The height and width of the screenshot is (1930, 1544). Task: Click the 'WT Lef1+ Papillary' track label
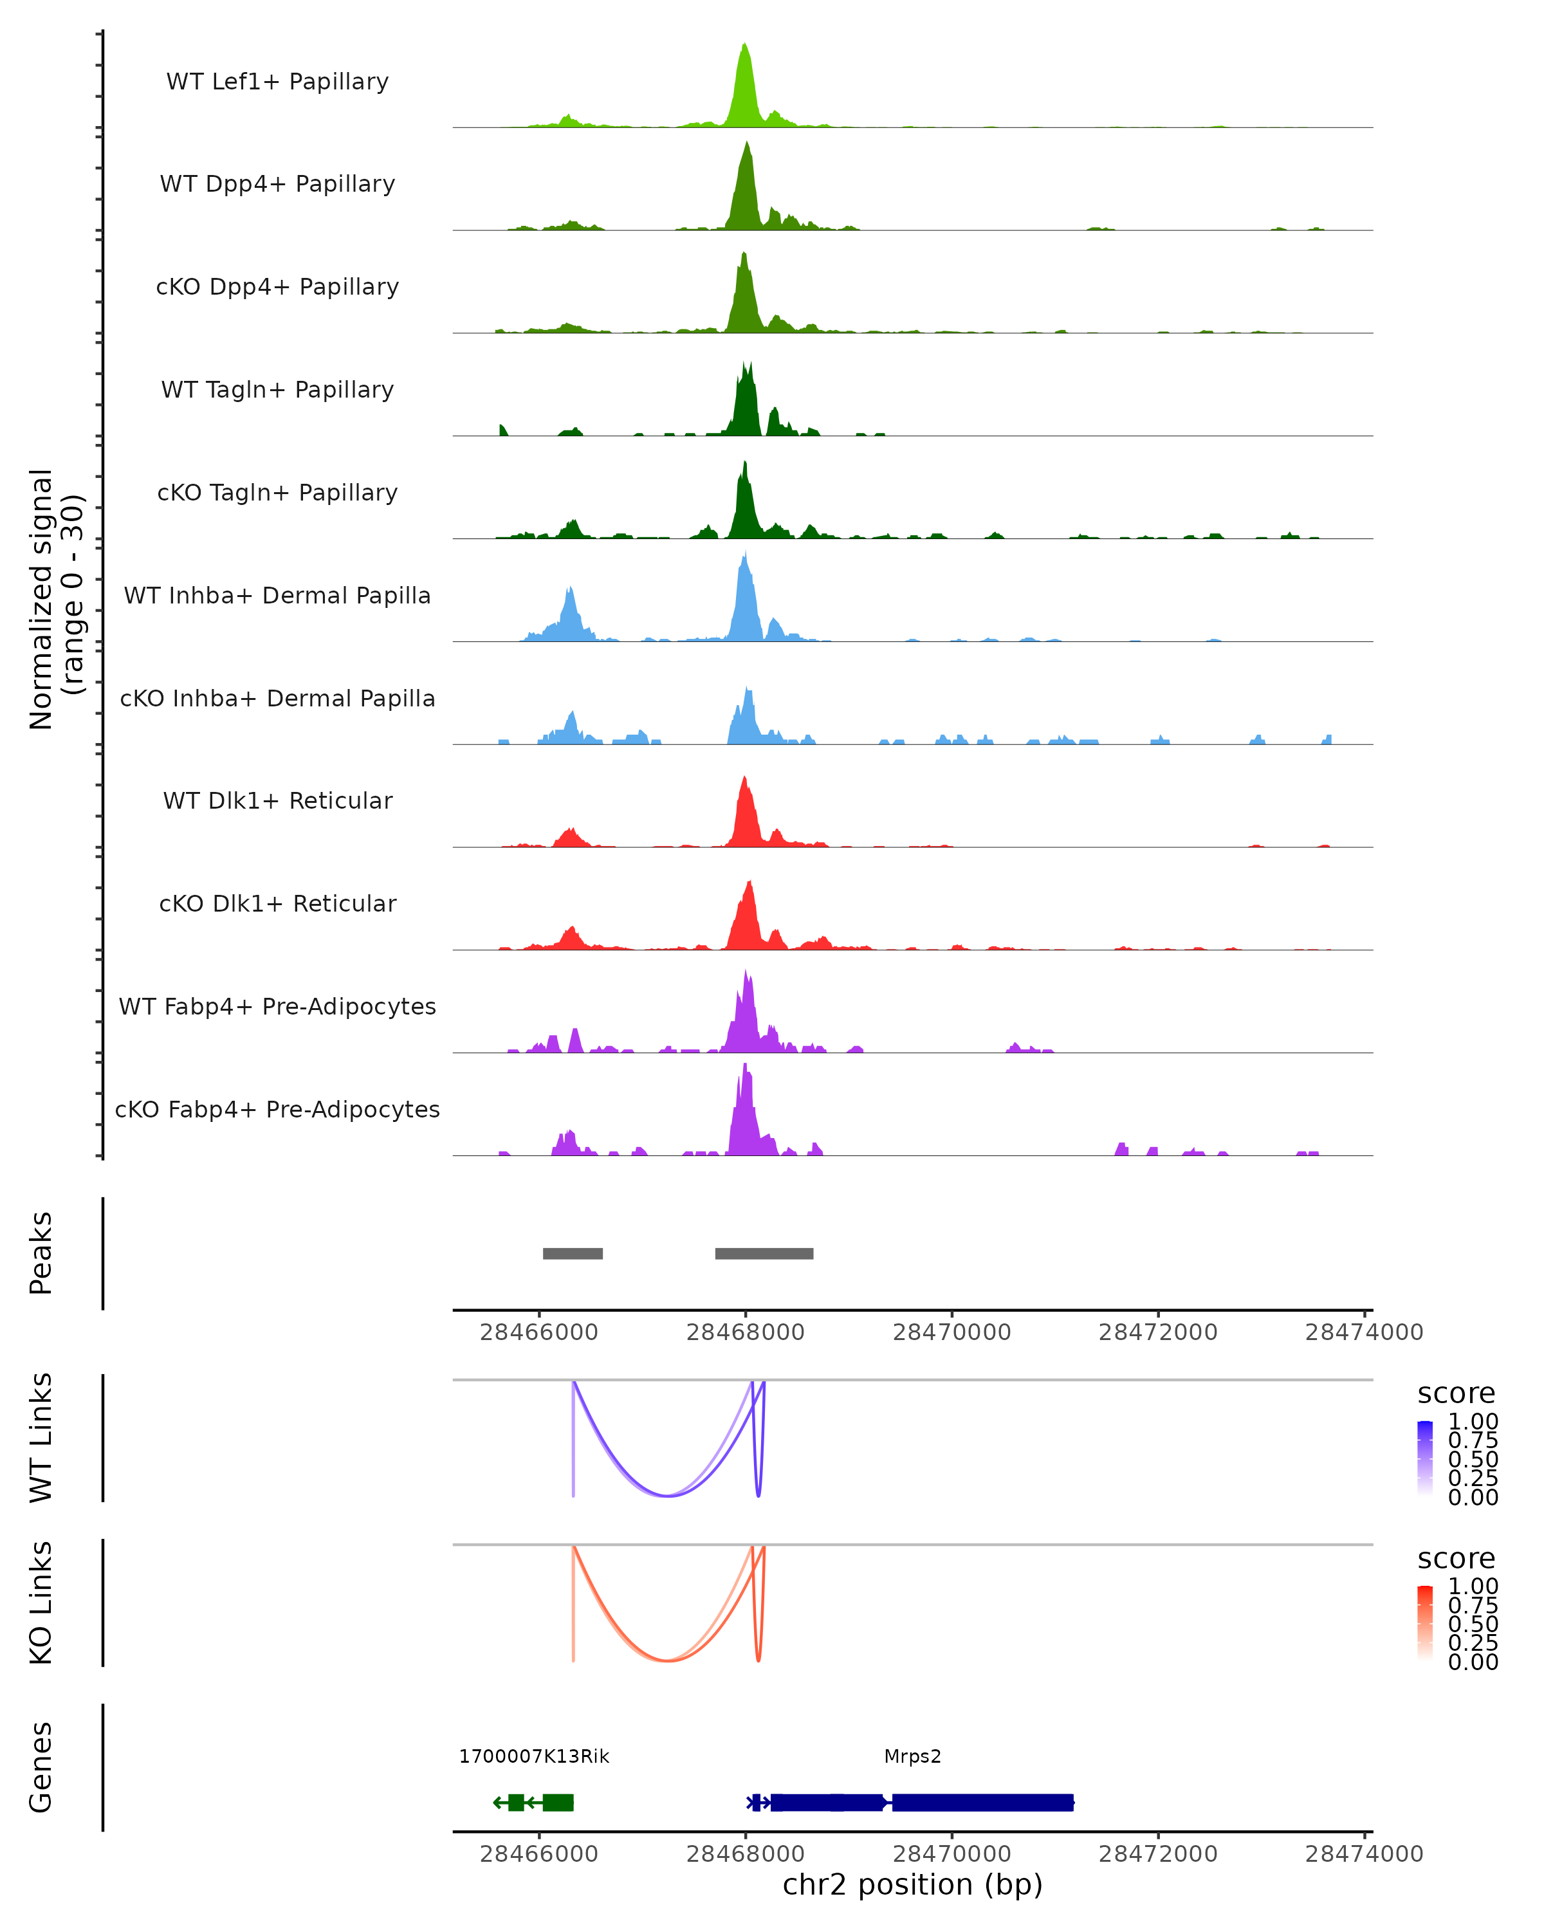point(277,82)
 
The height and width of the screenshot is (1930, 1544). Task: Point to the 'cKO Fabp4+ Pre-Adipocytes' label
point(277,1109)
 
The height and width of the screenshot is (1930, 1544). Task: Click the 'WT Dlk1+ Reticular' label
point(277,800)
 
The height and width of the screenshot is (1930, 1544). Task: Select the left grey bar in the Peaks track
point(573,1253)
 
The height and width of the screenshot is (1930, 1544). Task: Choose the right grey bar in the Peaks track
point(764,1253)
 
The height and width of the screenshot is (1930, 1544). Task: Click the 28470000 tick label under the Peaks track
point(951,1332)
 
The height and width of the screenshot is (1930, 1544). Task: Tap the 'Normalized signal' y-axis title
point(41,599)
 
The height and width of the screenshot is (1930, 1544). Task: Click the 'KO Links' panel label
point(41,1603)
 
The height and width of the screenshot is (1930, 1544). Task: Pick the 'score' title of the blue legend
point(1457,1394)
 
